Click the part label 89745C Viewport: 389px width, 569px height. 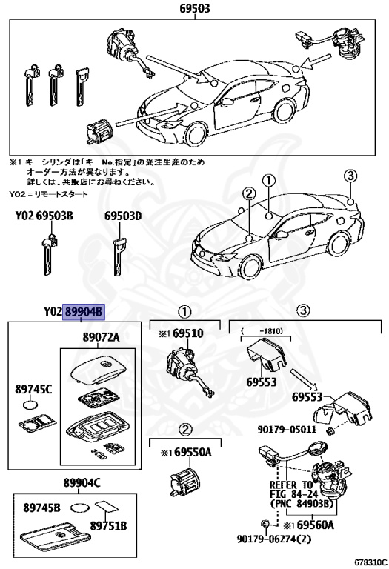(x=32, y=387)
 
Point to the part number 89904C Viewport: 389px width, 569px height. (x=82, y=484)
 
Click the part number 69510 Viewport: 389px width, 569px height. (x=190, y=334)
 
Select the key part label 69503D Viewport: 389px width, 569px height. (x=122, y=216)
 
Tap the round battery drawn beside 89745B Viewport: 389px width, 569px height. (x=83, y=509)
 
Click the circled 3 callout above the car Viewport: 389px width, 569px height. (x=350, y=175)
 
